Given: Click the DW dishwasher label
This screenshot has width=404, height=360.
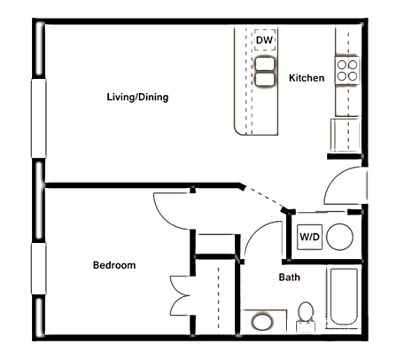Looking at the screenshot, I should [x=264, y=41].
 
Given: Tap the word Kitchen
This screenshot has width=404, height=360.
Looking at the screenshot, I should [x=307, y=78].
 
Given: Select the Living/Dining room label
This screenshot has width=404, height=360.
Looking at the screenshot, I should [x=137, y=97].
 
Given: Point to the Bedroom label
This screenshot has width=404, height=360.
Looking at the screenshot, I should [x=114, y=265].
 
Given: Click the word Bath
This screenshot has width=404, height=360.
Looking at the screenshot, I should [x=289, y=278].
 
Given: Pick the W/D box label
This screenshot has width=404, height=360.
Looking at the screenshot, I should [x=309, y=238].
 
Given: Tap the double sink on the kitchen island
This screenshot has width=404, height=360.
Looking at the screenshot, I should [x=264, y=71].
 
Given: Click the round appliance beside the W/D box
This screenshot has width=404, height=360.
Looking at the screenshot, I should [x=338, y=237].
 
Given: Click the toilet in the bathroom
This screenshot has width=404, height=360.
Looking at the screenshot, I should [x=306, y=315].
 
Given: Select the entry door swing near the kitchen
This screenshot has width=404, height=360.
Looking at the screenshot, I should [x=344, y=185].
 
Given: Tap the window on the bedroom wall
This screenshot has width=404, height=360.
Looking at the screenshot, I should [x=38, y=270].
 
